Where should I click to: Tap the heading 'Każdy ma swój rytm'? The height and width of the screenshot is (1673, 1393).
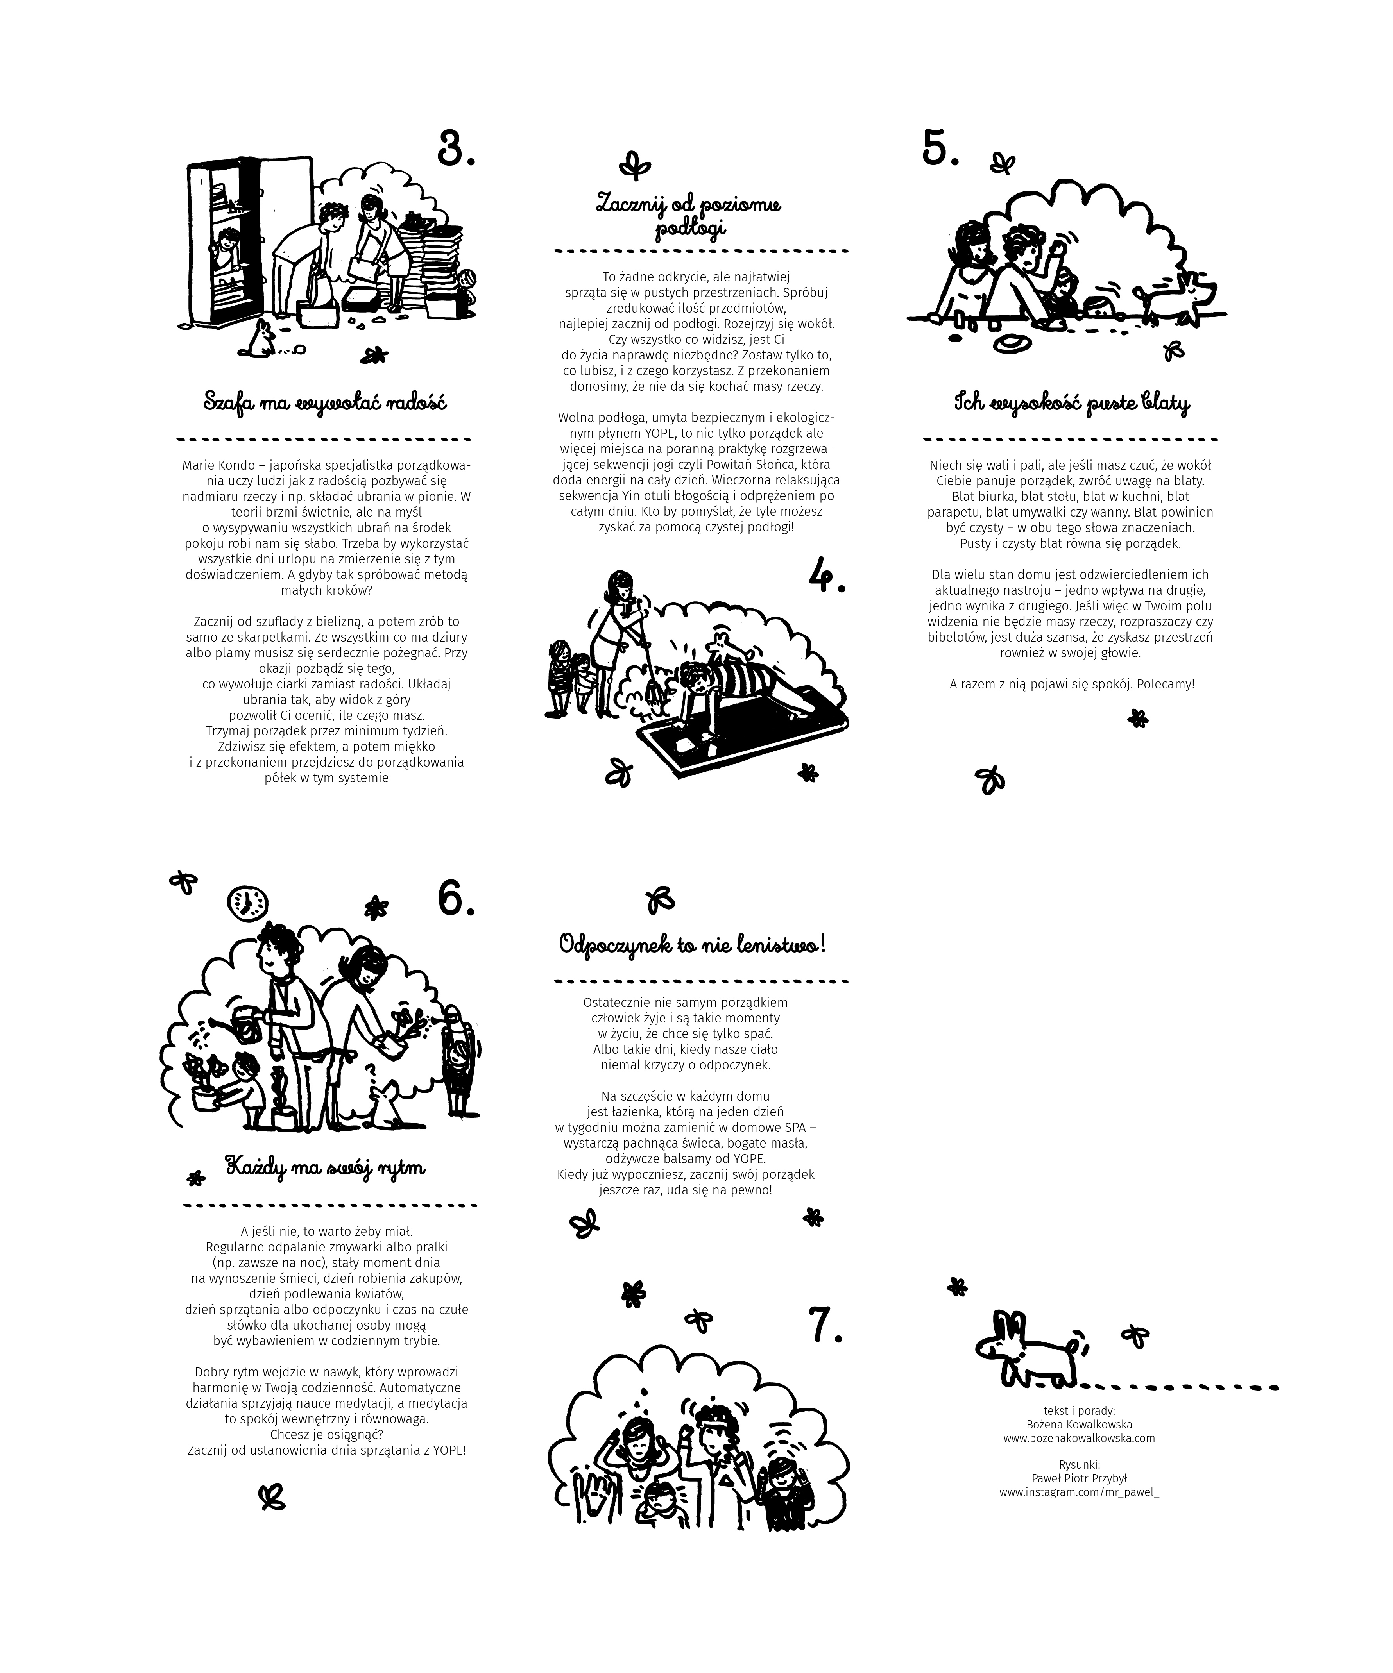(325, 1168)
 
